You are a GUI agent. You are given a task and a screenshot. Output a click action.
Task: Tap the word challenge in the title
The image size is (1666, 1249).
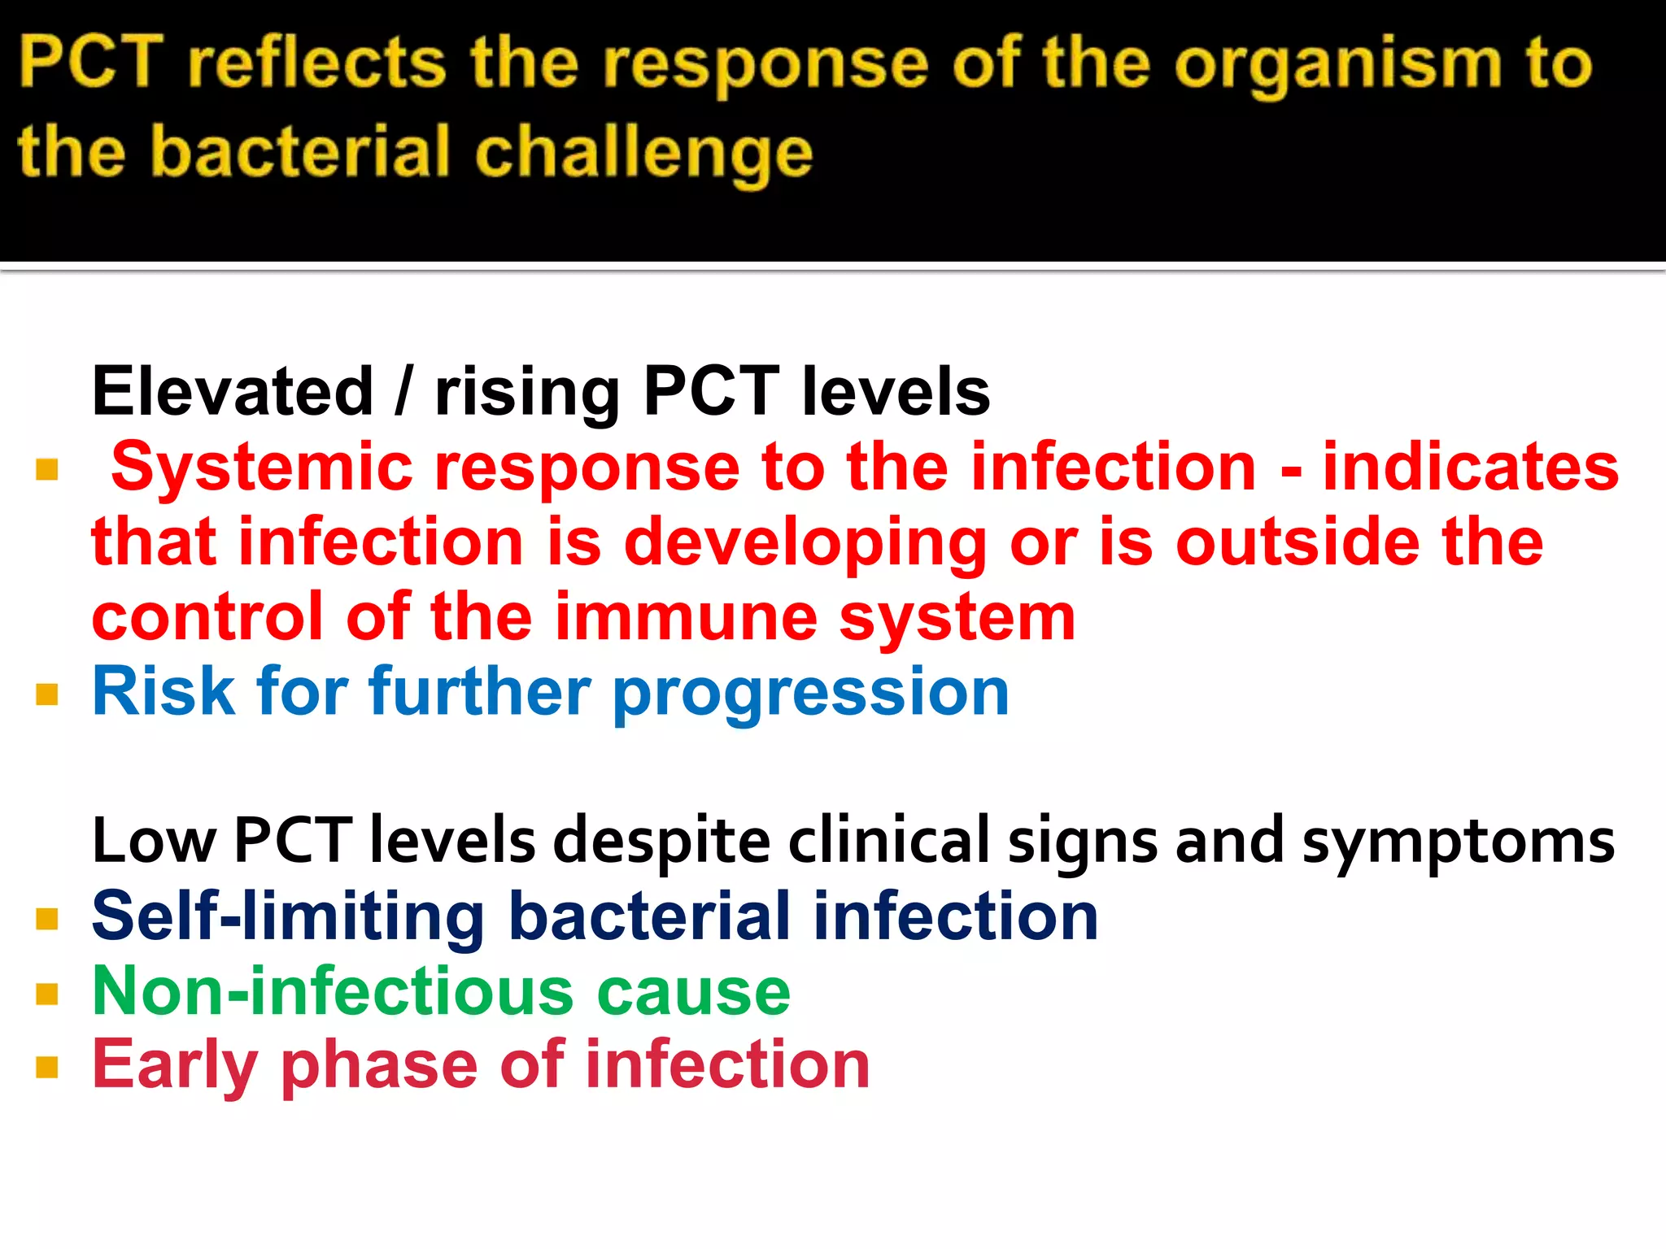(x=643, y=154)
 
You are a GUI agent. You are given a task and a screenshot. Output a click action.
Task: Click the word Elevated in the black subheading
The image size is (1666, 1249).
(x=233, y=392)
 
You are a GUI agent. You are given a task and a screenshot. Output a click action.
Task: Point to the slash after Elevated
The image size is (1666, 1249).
(x=402, y=392)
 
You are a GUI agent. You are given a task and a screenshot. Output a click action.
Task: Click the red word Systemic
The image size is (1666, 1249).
(x=262, y=468)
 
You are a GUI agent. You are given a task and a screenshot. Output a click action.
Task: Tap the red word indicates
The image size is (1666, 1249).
(x=1471, y=468)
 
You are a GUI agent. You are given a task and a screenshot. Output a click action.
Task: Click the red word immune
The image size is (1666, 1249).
(x=686, y=618)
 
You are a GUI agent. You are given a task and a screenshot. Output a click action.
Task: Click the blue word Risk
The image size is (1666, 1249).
(x=164, y=693)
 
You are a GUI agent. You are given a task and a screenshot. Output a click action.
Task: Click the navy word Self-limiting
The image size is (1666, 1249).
(x=288, y=917)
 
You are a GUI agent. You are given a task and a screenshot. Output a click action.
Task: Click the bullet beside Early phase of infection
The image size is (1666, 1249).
(x=47, y=1067)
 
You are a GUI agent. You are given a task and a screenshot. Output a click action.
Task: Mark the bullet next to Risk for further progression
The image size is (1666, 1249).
(x=47, y=694)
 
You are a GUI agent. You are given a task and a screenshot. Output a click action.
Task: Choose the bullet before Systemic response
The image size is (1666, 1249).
(x=47, y=470)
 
